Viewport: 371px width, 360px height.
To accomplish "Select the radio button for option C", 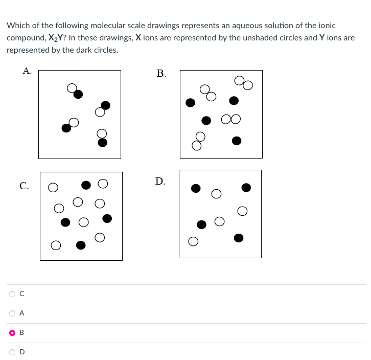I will pyautogui.click(x=11, y=294).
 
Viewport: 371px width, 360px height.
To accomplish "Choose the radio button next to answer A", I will pyautogui.click(x=11, y=313).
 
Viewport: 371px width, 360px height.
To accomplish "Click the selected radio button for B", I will pyautogui.click(x=11, y=332).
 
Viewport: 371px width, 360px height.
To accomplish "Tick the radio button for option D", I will pyautogui.click(x=11, y=352).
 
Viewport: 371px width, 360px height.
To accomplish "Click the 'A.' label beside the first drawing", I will pyautogui.click(x=27, y=72).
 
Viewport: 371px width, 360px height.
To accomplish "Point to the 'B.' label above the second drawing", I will pyautogui.click(x=161, y=74).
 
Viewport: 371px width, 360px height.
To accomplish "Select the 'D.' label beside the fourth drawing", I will pyautogui.click(x=160, y=181).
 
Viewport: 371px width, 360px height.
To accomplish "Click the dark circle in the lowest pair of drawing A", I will pyautogui.click(x=103, y=142).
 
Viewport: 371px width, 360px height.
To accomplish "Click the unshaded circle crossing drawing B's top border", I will pyautogui.click(x=239, y=80).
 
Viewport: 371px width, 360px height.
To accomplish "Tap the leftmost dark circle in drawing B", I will pyautogui.click(x=190, y=103).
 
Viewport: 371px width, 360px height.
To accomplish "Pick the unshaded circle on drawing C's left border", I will pyautogui.click(x=53, y=188).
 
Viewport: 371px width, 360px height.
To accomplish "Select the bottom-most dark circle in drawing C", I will pyautogui.click(x=81, y=245).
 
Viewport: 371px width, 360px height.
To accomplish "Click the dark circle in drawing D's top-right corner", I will pyautogui.click(x=246, y=188).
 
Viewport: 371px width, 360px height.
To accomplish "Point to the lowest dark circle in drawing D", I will pyautogui.click(x=238, y=237).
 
